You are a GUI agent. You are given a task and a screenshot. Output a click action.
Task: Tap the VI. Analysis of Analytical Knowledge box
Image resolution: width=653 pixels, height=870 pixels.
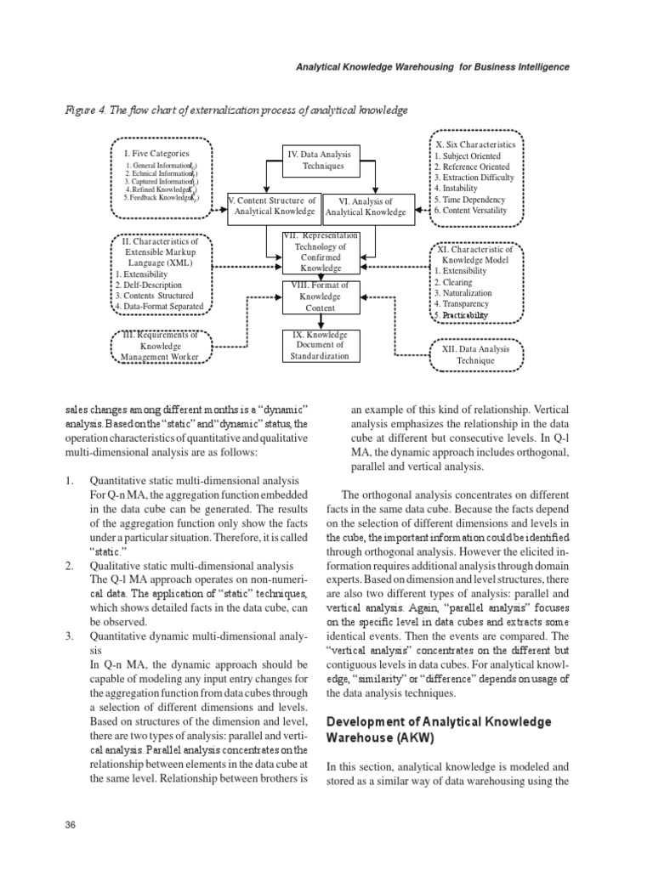[x=366, y=206]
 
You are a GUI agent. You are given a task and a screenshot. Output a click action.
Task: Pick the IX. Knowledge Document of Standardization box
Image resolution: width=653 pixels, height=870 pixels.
[x=320, y=346]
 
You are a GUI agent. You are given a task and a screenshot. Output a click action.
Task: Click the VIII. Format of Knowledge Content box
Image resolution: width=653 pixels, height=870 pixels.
[x=320, y=297]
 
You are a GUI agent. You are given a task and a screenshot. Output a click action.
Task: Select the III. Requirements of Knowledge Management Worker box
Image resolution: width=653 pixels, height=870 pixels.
[x=156, y=346]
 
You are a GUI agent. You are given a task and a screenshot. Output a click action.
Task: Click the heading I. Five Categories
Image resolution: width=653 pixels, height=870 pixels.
[x=156, y=153]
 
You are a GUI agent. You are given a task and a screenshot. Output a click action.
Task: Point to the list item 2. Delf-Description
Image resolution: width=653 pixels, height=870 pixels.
[x=154, y=285]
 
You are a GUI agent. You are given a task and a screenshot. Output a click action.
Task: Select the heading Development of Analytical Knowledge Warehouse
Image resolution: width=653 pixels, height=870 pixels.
[x=439, y=730]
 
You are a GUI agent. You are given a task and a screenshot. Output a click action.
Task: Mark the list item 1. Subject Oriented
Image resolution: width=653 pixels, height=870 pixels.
[x=468, y=156]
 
